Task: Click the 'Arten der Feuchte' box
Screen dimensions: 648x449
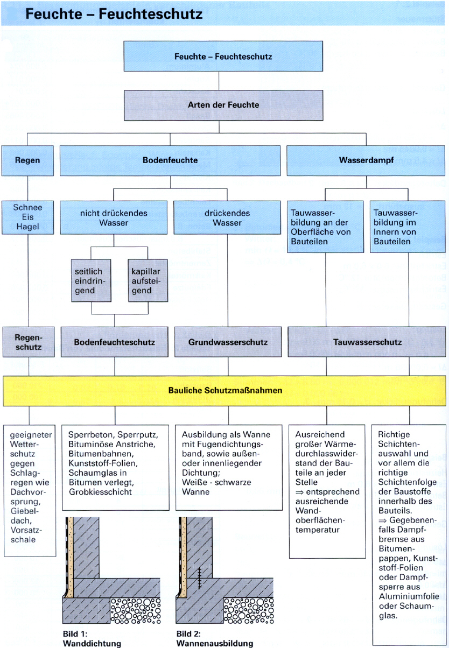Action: coord(223,104)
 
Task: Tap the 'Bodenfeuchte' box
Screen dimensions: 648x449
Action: coord(170,160)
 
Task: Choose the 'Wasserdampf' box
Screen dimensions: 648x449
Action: coord(366,160)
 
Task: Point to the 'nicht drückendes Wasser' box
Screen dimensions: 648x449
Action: coord(114,217)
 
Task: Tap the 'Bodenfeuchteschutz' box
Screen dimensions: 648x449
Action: coord(114,342)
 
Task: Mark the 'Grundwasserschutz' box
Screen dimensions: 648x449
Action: coord(228,342)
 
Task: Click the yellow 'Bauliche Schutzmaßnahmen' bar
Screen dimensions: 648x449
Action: coord(224,391)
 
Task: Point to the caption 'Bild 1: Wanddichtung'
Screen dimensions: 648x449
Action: coord(85,638)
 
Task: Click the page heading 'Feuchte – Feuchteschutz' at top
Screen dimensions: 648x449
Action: coord(114,14)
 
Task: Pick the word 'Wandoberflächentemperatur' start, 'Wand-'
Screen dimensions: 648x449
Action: coord(308,511)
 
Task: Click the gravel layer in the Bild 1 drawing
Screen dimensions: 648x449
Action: coord(135,610)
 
